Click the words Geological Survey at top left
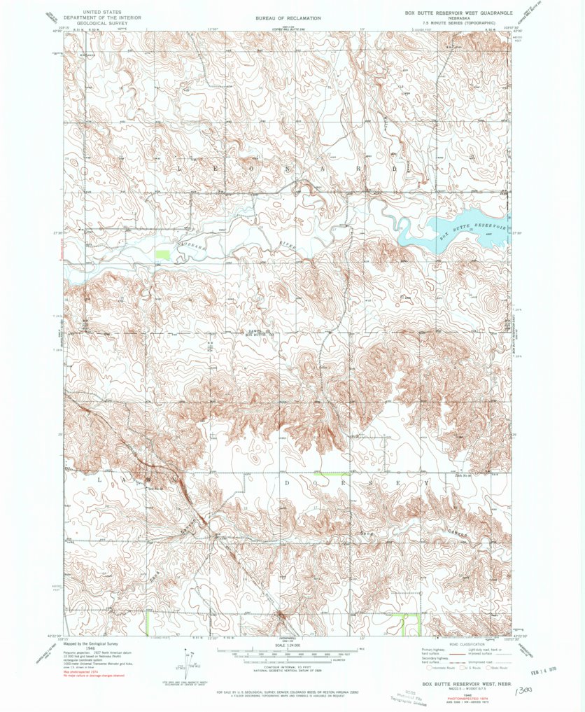click(x=101, y=22)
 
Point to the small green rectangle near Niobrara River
click(x=162, y=256)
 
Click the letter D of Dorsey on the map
click(x=288, y=482)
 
